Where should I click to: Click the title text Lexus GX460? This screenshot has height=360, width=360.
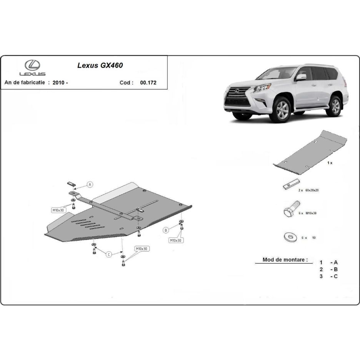[100, 65]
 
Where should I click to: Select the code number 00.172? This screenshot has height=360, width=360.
[148, 83]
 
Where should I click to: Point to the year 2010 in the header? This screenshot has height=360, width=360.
[58, 83]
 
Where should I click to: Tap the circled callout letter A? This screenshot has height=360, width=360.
[90, 184]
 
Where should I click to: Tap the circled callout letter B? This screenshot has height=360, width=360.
[166, 230]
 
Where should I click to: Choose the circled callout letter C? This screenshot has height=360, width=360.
[109, 254]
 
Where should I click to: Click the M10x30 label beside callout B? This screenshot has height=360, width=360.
[176, 240]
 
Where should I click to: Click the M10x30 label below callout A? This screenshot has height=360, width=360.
[58, 210]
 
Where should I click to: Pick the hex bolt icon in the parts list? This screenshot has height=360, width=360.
[291, 209]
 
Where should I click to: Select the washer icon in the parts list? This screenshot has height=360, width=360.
[290, 237]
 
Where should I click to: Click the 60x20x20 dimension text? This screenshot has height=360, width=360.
[312, 190]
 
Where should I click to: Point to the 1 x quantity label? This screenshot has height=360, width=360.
[330, 163]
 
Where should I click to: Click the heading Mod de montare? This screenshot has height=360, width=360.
[285, 260]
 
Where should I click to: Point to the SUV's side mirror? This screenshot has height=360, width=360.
[301, 77]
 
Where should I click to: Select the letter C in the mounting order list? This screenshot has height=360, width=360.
[336, 277]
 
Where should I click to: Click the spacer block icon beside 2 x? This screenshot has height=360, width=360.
[292, 184]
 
